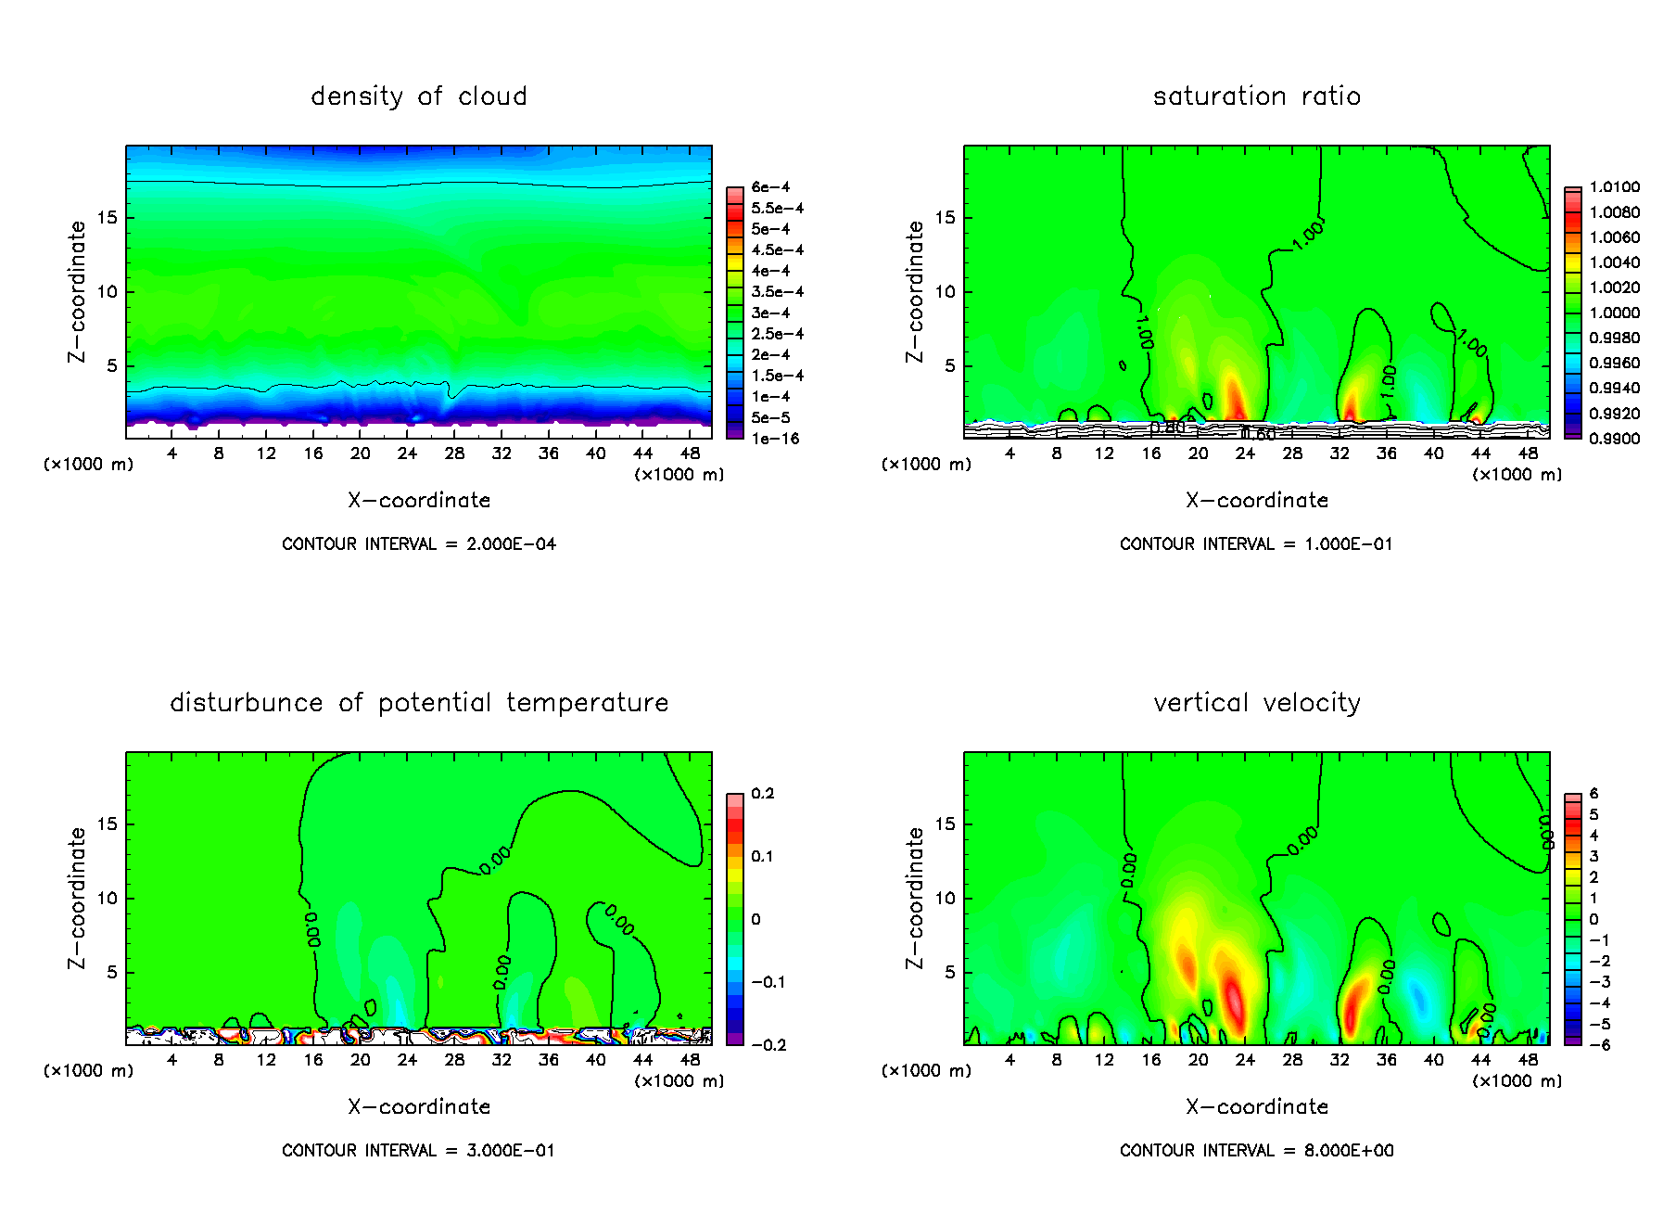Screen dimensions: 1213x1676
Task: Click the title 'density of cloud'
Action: click(418, 96)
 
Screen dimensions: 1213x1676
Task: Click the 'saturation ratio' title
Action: click(1256, 96)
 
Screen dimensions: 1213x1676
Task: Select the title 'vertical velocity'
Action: click(1256, 703)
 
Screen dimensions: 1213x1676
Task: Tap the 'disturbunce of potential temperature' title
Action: click(418, 703)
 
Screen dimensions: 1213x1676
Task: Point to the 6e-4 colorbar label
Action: click(770, 187)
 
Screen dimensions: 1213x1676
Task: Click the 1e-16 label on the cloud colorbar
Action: click(775, 439)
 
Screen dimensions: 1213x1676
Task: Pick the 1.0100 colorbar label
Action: click(1614, 187)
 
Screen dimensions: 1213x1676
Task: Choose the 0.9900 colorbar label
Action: click(1614, 439)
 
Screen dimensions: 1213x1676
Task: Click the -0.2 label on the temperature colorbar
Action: click(768, 1045)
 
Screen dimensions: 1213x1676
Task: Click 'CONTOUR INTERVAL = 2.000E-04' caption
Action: click(418, 544)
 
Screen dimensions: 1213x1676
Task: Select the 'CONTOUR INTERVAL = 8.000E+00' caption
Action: click(1256, 1151)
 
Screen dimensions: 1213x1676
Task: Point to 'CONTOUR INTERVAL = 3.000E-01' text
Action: click(418, 1151)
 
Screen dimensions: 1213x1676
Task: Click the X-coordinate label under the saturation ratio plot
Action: click(1256, 501)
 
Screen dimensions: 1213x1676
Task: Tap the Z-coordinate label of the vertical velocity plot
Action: click(915, 898)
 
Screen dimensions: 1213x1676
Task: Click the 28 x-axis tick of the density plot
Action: click(454, 453)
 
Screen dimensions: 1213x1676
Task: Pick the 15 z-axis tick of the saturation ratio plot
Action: click(944, 218)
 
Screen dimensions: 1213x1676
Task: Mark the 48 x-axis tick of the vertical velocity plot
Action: click(1528, 1060)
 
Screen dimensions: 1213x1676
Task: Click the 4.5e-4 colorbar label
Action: click(777, 250)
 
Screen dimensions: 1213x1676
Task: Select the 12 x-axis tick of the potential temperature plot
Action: click(266, 1060)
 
